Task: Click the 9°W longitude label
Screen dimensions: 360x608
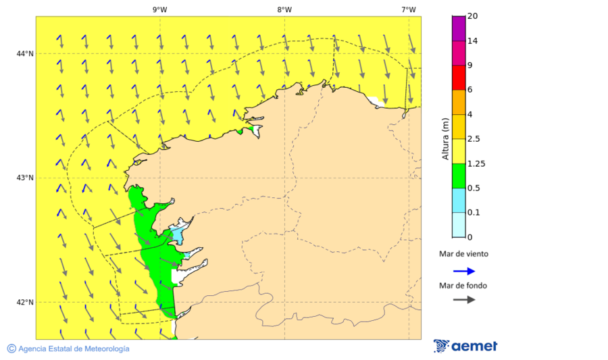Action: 160,9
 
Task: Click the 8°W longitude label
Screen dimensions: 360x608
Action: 284,9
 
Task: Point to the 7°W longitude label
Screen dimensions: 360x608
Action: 408,9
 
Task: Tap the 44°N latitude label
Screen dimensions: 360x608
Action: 25,53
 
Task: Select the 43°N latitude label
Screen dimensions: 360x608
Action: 25,178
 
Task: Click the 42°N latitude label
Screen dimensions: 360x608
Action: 25,302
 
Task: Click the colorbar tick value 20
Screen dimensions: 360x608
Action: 474,16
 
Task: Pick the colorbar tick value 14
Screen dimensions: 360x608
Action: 474,41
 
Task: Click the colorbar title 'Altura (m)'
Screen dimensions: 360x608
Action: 445,139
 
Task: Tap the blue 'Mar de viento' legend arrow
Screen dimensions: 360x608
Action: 464,271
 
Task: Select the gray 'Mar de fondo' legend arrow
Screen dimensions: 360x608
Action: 464,300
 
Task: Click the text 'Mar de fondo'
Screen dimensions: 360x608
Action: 463,286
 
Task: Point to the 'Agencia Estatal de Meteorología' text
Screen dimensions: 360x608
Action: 73,349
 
